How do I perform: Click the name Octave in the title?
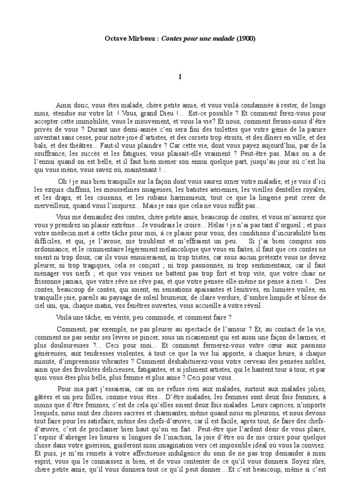[x=115, y=40]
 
